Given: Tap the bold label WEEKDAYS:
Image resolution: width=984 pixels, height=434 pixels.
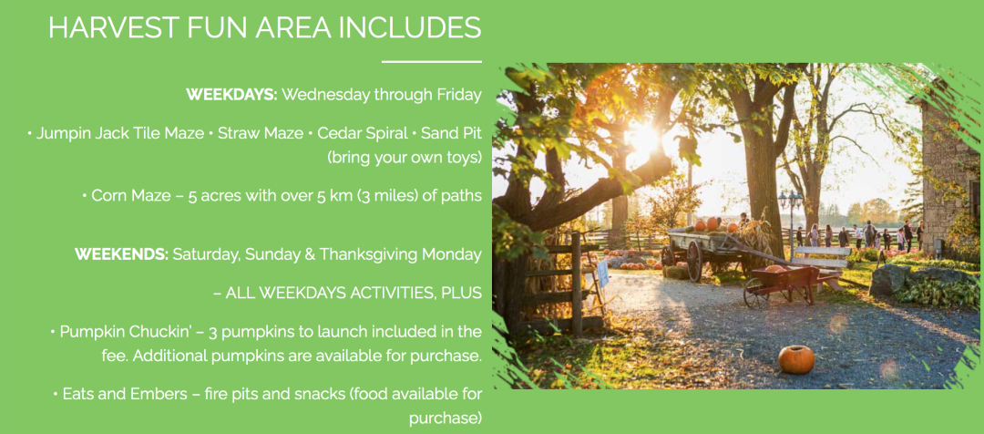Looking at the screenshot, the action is point(231,95).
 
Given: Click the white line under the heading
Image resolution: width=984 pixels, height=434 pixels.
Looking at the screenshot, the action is point(431,62).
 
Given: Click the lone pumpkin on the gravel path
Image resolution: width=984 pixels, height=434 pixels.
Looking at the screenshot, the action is point(795,359).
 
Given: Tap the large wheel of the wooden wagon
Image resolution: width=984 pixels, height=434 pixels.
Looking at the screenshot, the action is point(694,262).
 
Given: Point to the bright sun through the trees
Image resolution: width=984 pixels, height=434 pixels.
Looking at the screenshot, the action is point(641,139).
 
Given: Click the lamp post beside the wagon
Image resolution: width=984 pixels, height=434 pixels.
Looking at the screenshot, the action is point(790,220).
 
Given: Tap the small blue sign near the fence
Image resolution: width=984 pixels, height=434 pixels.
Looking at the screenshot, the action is point(602,274).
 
